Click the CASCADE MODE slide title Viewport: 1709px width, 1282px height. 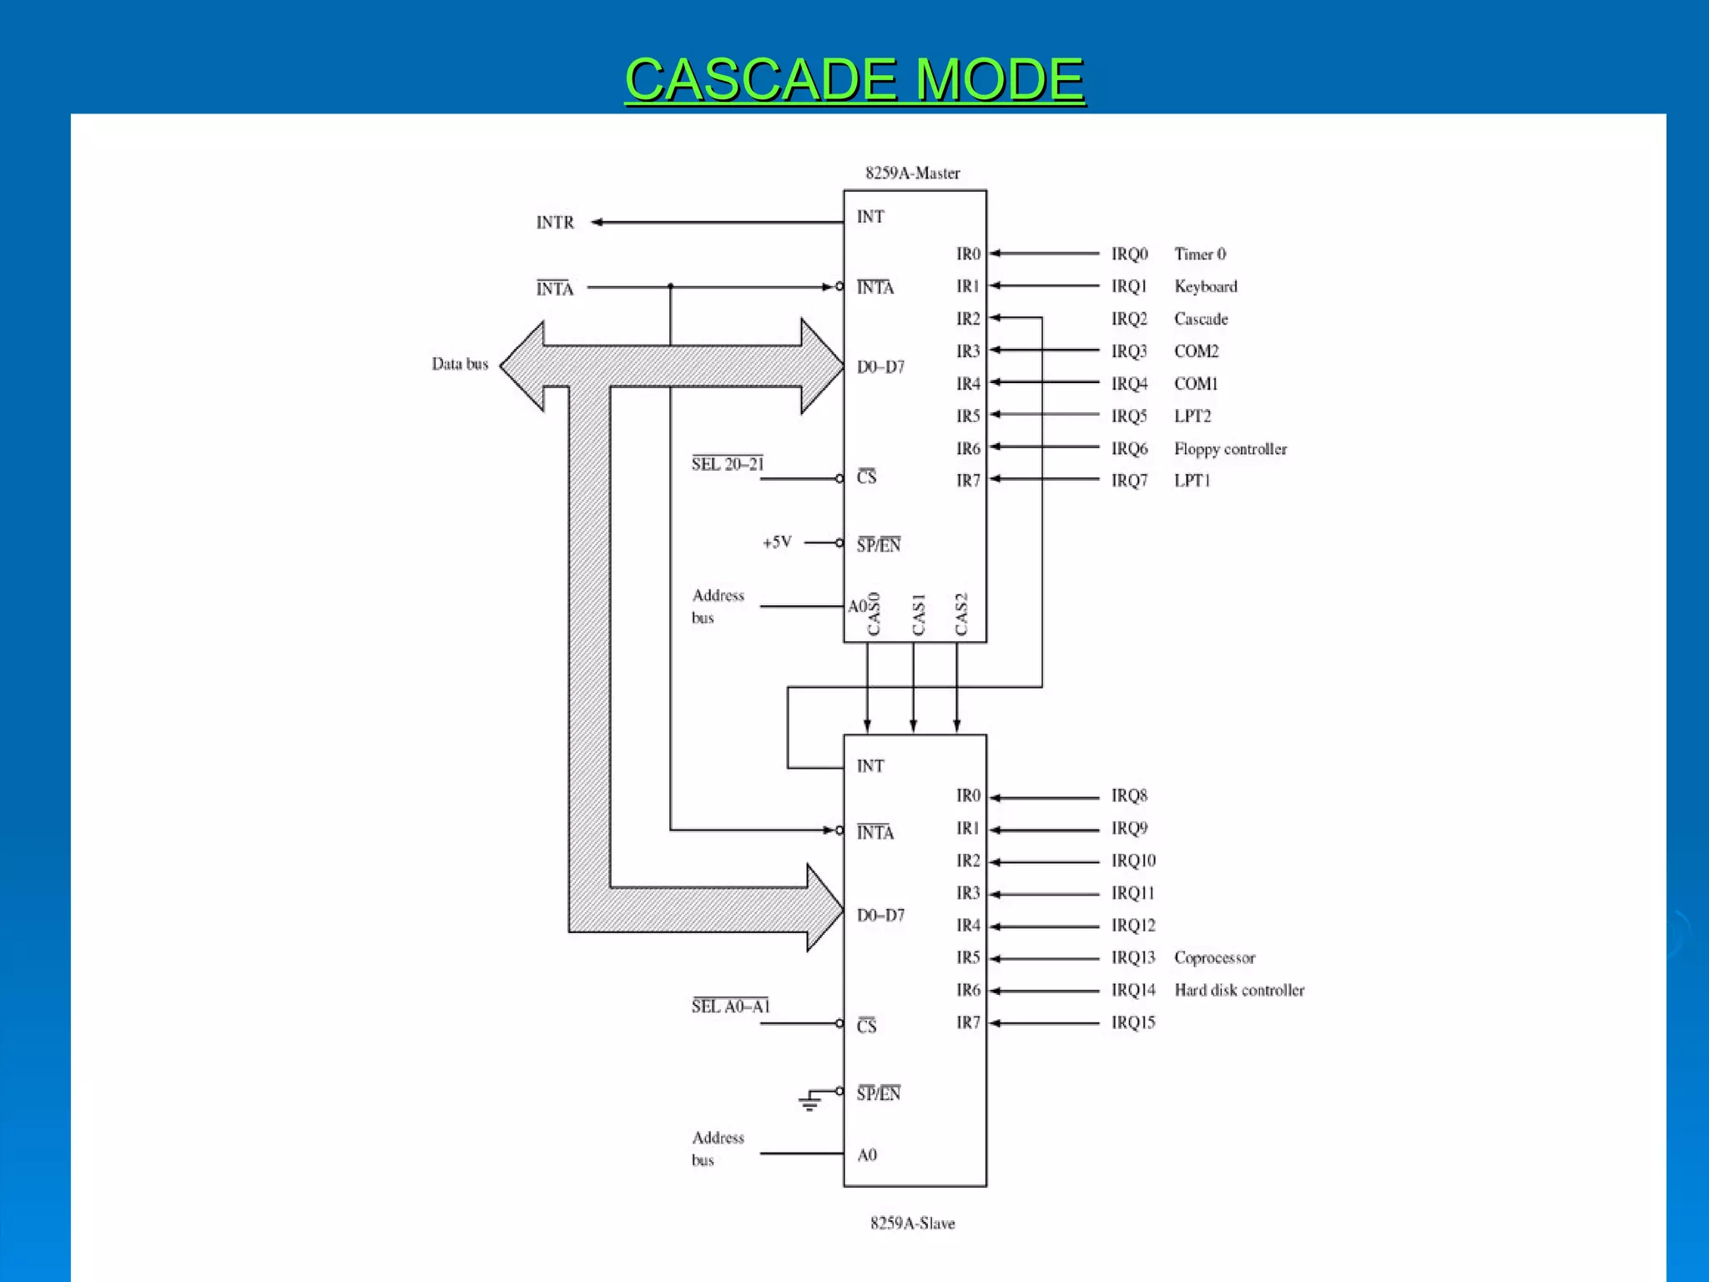click(854, 79)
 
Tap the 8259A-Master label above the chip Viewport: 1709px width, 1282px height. click(912, 174)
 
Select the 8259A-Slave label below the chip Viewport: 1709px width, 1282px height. click(912, 1224)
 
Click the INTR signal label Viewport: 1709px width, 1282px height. click(555, 223)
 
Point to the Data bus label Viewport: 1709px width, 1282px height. click(460, 364)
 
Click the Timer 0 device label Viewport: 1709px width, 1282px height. click(1200, 254)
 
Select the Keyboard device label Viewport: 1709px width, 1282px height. click(1206, 286)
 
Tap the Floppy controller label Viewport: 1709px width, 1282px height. click(1230, 449)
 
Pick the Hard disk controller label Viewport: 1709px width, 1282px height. click(1239, 990)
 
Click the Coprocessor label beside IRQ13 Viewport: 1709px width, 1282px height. click(1214, 957)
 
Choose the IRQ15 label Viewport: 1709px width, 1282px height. click(1133, 1022)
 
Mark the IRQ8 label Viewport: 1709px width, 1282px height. click(1129, 795)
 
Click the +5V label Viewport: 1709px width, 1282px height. click(777, 543)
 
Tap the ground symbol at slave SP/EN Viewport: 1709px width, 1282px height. click(809, 1103)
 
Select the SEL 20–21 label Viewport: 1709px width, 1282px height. click(728, 464)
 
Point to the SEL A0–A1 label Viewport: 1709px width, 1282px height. click(730, 1007)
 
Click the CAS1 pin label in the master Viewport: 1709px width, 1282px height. click(919, 614)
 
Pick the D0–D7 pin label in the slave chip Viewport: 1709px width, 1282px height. click(880, 916)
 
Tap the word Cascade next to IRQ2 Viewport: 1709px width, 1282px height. click(1201, 319)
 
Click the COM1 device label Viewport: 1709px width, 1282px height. click(1196, 384)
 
